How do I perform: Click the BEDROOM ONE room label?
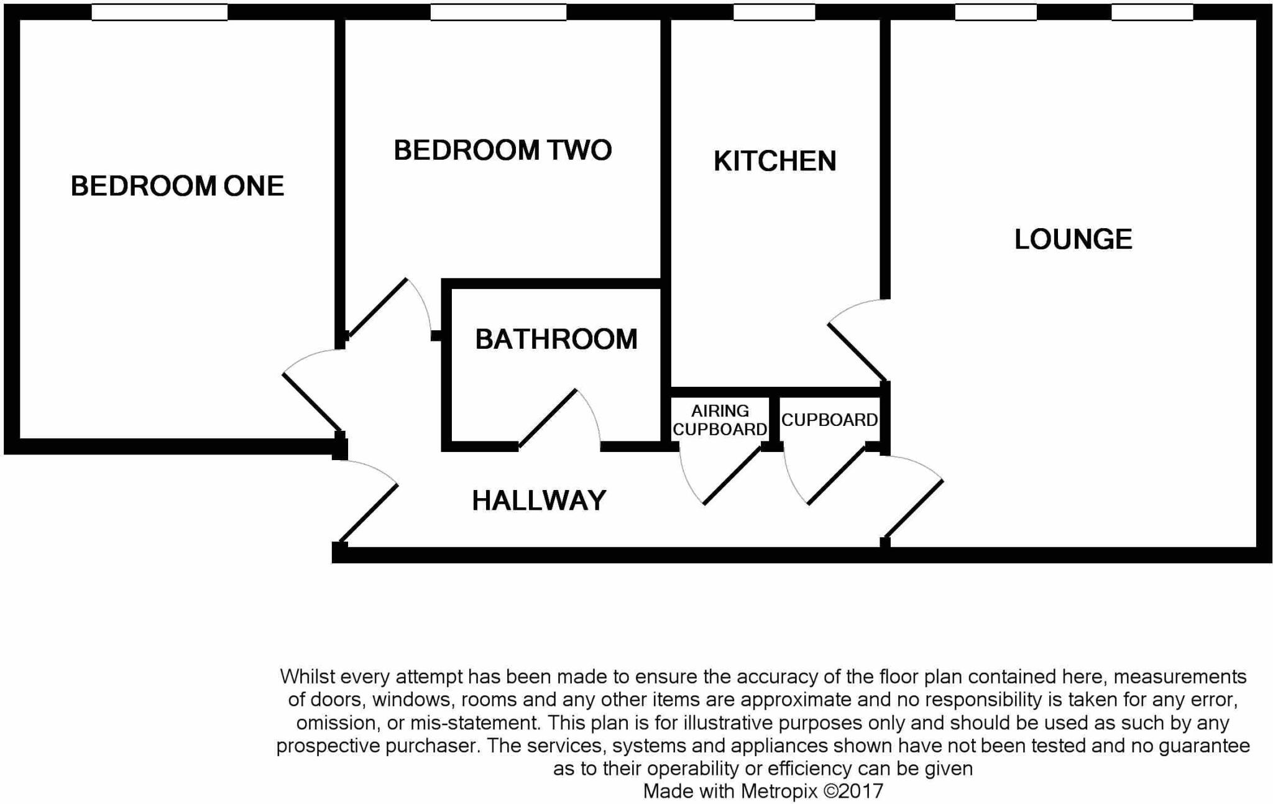point(177,186)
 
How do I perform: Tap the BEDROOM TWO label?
point(502,150)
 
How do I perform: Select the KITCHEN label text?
point(774,161)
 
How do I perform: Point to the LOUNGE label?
point(1073,239)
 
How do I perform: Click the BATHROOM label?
point(556,340)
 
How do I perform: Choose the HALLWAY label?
point(539,501)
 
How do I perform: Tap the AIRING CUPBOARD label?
point(720,420)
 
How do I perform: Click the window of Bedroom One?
point(159,12)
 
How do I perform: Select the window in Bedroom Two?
point(498,12)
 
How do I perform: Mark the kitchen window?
point(774,12)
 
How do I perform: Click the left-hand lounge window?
point(995,12)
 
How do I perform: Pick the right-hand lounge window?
point(1152,12)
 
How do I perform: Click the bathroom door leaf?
point(547,418)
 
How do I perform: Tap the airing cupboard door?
point(732,476)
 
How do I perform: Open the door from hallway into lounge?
point(914,508)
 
